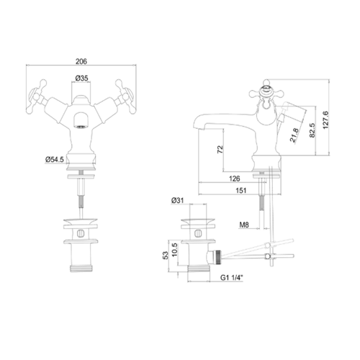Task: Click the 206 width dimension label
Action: (81, 61)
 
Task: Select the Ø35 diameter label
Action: (81, 78)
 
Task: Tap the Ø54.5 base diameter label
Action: (55, 159)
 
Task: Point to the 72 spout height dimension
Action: (220, 149)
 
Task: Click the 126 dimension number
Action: (234, 179)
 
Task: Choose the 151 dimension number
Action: (241, 190)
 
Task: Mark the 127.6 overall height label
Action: (325, 120)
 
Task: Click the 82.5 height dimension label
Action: (312, 130)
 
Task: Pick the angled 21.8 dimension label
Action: (294, 135)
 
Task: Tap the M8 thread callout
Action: (244, 225)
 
